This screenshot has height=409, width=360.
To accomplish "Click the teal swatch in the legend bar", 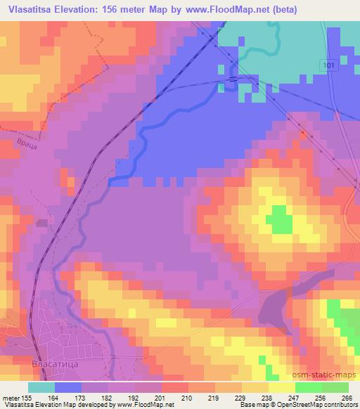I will click(x=41, y=387).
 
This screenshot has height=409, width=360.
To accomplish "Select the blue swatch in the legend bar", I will click(x=68, y=387).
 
